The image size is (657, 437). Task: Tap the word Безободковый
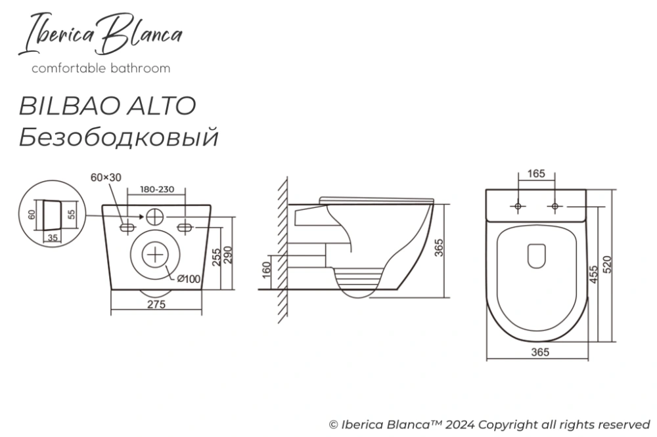[x=118, y=138]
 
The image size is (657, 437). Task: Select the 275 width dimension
[x=156, y=304]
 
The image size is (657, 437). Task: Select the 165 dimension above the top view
[x=537, y=174]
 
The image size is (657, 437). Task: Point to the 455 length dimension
[x=593, y=272]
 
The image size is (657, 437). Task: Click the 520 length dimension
[x=607, y=264]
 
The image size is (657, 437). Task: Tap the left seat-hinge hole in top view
[x=518, y=207]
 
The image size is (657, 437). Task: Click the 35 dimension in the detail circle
[x=51, y=238]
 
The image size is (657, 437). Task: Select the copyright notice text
[x=489, y=423]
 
